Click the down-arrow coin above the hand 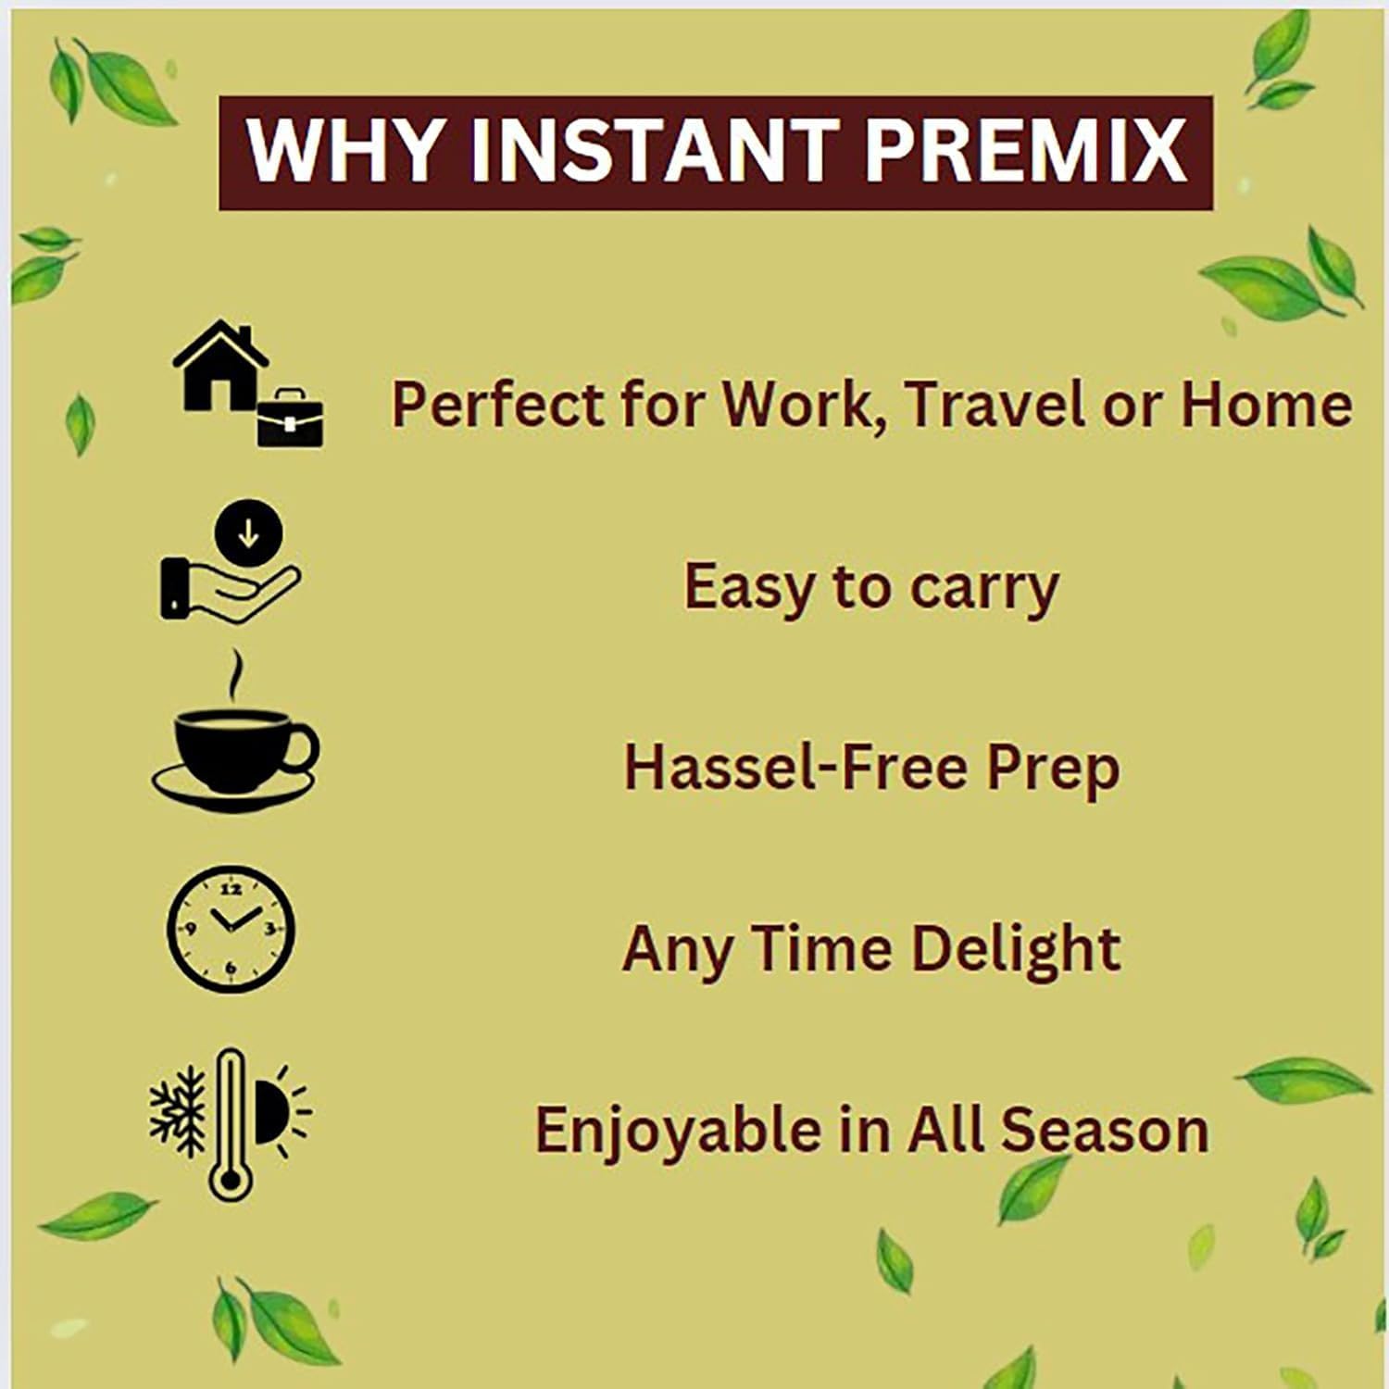click(248, 534)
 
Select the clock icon click(231, 929)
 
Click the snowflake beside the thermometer click(178, 1111)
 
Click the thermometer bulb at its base click(229, 1180)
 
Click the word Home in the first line click(1266, 406)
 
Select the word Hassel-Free click(795, 768)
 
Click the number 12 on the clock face click(231, 889)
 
